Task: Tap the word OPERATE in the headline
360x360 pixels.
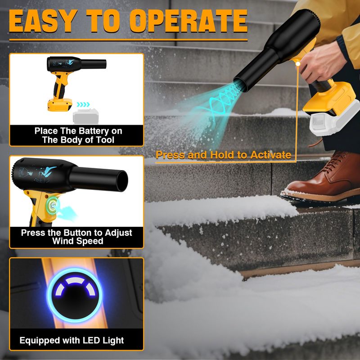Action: point(189,21)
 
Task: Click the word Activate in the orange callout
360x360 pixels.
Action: point(271,155)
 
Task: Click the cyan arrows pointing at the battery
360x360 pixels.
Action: point(83,104)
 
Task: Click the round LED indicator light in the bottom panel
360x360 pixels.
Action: point(75,295)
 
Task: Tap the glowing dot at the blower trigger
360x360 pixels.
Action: point(298,64)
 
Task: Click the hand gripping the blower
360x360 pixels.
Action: point(321,62)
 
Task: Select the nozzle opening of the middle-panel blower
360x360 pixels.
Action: point(122,181)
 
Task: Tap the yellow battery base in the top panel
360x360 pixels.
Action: point(60,105)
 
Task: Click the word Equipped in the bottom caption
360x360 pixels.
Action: point(40,341)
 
